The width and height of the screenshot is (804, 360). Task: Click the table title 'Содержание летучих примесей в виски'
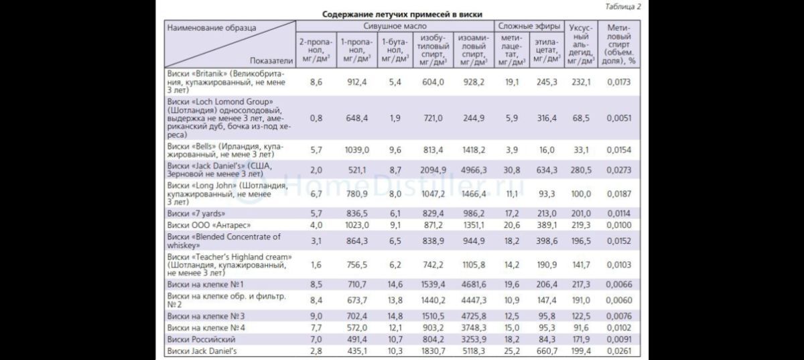point(402,14)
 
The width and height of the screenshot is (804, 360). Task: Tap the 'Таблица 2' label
point(622,7)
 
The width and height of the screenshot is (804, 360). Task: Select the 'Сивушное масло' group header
point(395,26)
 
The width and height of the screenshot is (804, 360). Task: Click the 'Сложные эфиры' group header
point(529,26)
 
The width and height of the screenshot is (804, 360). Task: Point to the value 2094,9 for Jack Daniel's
point(433,170)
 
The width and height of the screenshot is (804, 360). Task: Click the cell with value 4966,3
point(474,170)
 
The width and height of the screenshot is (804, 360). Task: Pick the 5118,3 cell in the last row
point(474,351)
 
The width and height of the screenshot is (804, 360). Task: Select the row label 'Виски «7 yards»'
point(196,213)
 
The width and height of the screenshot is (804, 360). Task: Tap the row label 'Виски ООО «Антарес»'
point(209,225)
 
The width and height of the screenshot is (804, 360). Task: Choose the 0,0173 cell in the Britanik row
point(619,82)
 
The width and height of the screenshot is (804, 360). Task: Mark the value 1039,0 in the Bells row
point(356,149)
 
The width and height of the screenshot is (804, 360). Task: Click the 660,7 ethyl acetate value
point(547,351)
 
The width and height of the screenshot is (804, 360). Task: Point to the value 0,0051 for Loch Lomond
point(619,118)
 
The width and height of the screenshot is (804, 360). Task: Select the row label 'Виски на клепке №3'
point(206,316)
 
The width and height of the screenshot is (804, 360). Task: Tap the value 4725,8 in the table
point(474,316)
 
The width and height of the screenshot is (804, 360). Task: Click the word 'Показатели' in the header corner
point(271,61)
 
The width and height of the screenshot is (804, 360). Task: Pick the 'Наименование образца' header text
point(212,28)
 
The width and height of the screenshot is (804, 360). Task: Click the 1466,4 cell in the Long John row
point(474,194)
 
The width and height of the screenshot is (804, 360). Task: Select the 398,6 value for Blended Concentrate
point(547,241)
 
